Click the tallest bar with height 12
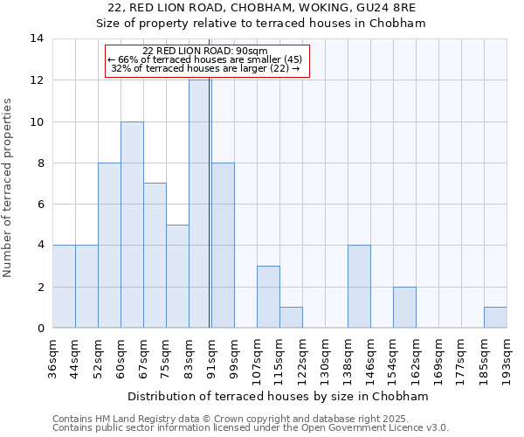pyautogui.click(x=200, y=204)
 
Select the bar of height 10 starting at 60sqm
pyautogui.click(x=132, y=225)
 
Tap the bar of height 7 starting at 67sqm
pyautogui.click(x=155, y=255)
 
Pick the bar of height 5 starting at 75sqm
pyautogui.click(x=177, y=276)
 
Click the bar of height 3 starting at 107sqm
pyautogui.click(x=268, y=297)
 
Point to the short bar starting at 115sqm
pyautogui.click(x=291, y=317)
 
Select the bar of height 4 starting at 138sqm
pyautogui.click(x=359, y=287)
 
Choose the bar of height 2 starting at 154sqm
pyautogui.click(x=404, y=307)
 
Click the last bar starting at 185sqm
pyautogui.click(x=495, y=317)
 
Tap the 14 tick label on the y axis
pyautogui.click(x=37, y=38)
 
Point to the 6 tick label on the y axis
pyautogui.click(x=40, y=204)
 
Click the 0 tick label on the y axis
pyautogui.click(x=40, y=328)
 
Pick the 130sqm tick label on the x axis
pyautogui.click(x=325, y=356)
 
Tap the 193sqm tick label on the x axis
pyautogui.click(x=507, y=356)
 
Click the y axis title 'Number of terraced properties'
pyautogui.click(x=9, y=187)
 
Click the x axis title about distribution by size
pyautogui.click(x=279, y=396)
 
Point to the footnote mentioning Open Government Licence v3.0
pyautogui.click(x=251, y=428)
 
